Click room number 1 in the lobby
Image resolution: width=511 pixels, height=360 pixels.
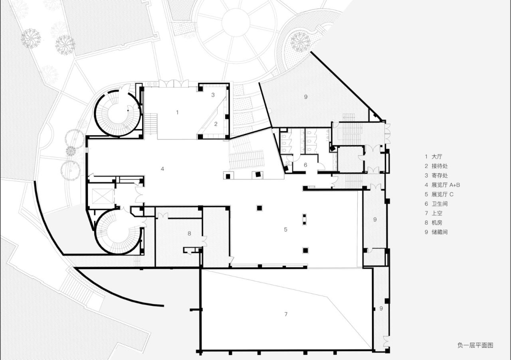tap(177, 112)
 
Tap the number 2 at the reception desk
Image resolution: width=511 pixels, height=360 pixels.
tap(216, 124)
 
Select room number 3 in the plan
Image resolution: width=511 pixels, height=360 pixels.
tap(213, 95)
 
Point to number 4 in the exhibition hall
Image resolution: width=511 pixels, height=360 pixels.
tap(162, 169)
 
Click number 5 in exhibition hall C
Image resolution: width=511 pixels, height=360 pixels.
tap(285, 229)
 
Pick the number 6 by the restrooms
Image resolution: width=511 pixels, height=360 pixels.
tap(305, 165)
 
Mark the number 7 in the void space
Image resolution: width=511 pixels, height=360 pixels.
tap(286, 314)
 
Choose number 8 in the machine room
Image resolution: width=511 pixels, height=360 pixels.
tap(189, 233)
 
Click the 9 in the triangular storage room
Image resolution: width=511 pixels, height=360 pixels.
tap(306, 97)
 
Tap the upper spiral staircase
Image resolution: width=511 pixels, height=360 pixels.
tap(117, 113)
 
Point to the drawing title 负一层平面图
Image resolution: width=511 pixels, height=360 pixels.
tap(475, 345)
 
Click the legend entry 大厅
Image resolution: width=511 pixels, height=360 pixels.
tap(437, 157)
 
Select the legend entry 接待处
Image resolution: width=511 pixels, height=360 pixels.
tap(440, 166)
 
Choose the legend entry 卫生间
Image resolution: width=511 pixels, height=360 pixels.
tap(440, 204)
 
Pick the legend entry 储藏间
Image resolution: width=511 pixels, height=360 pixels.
tap(440, 232)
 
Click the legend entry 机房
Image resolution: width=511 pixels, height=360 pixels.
tap(437, 222)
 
